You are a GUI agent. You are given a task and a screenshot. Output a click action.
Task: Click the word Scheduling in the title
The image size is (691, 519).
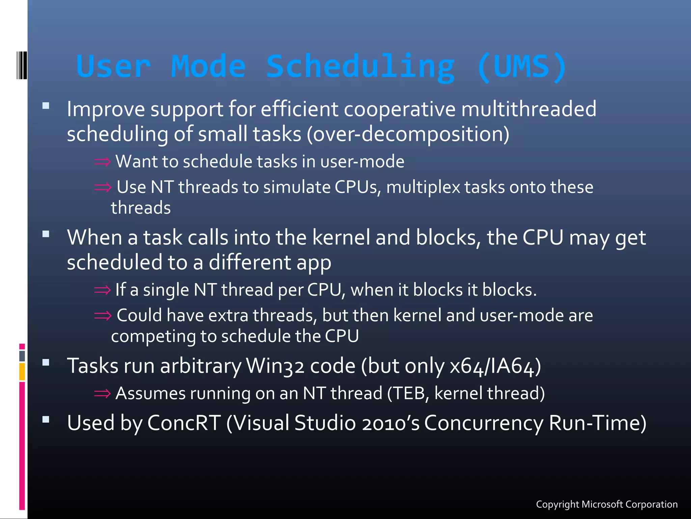tap(360, 67)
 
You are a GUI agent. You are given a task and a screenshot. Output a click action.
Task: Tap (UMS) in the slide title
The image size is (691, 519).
tap(522, 67)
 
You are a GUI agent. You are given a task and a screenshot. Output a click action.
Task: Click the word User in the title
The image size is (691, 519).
tap(113, 67)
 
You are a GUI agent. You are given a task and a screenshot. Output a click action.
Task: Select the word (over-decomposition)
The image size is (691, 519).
tap(408, 134)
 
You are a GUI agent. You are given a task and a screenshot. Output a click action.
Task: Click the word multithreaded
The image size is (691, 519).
tap(528, 109)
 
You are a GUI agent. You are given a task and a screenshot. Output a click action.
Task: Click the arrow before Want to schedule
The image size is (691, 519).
tap(102, 162)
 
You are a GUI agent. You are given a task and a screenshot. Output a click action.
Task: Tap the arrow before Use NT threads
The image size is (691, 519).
tap(103, 187)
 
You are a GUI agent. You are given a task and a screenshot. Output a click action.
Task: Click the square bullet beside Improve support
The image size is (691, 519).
tap(46, 106)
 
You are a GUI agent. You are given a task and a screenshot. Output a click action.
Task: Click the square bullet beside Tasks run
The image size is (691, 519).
tap(46, 363)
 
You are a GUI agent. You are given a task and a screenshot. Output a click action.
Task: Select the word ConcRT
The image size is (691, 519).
tap(184, 423)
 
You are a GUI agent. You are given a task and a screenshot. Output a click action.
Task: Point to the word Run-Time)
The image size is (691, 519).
tap(598, 423)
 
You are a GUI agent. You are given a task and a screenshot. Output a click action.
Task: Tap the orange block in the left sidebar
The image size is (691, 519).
tap(22, 372)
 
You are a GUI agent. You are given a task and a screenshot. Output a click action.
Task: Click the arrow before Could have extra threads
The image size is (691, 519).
tap(103, 316)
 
